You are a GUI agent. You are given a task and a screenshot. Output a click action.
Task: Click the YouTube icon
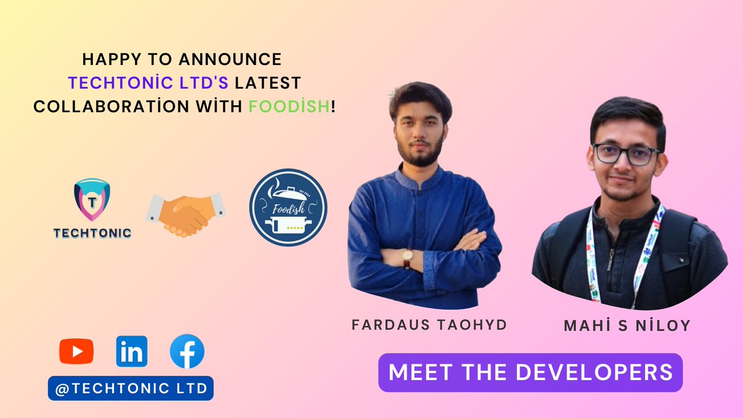[76, 351]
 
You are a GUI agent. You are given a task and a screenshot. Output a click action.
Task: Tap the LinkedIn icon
[131, 351]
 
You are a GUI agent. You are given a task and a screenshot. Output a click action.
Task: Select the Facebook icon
[187, 351]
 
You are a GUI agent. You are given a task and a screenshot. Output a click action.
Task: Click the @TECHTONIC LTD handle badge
[131, 388]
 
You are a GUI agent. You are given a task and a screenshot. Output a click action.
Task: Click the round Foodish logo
[288, 207]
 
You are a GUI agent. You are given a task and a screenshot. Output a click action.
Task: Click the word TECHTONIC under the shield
[92, 233]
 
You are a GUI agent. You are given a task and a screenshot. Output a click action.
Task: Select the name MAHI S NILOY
[627, 326]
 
